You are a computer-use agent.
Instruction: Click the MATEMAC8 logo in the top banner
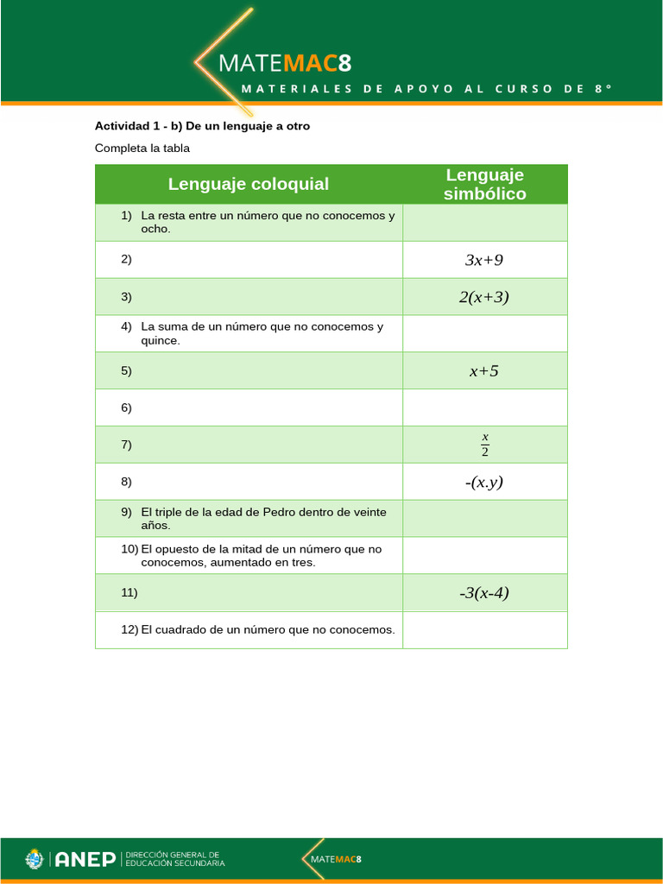(x=285, y=63)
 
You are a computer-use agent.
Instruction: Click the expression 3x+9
(x=484, y=260)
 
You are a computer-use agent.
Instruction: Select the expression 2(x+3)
(x=484, y=297)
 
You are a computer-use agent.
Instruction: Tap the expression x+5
(x=484, y=371)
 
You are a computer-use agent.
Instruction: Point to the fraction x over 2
(x=485, y=445)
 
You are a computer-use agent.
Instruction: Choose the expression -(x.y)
(x=484, y=482)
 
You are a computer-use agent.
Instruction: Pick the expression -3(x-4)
(x=484, y=593)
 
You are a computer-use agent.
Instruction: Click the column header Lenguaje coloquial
(x=249, y=184)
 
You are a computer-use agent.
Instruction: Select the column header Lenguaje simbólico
(x=484, y=185)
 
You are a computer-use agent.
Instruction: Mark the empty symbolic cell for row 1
(x=484, y=223)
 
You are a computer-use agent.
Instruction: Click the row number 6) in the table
(x=126, y=407)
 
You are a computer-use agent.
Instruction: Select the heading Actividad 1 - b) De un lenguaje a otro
(x=202, y=126)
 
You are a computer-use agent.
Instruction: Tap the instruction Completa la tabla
(x=142, y=148)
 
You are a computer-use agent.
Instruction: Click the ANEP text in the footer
(x=85, y=860)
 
